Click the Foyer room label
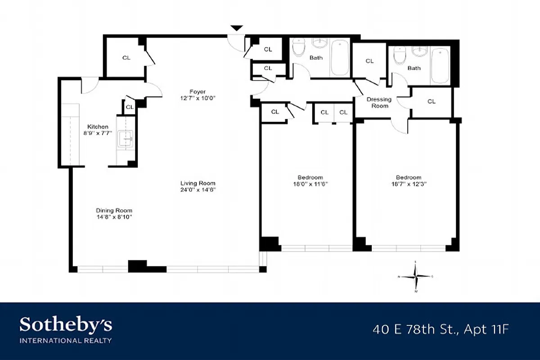pos(197,92)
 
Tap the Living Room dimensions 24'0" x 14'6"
pos(198,190)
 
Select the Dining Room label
pos(114,210)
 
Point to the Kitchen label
pos(98,126)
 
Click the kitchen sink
pos(125,140)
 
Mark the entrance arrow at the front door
pos(237,28)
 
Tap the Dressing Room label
pos(379,103)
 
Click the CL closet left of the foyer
pos(126,58)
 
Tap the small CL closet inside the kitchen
pos(129,107)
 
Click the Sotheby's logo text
pos(66,324)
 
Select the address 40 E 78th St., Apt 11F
pos(441,329)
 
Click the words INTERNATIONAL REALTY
pos(65,341)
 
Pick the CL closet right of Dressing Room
pos(431,102)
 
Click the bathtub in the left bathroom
pos(339,58)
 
